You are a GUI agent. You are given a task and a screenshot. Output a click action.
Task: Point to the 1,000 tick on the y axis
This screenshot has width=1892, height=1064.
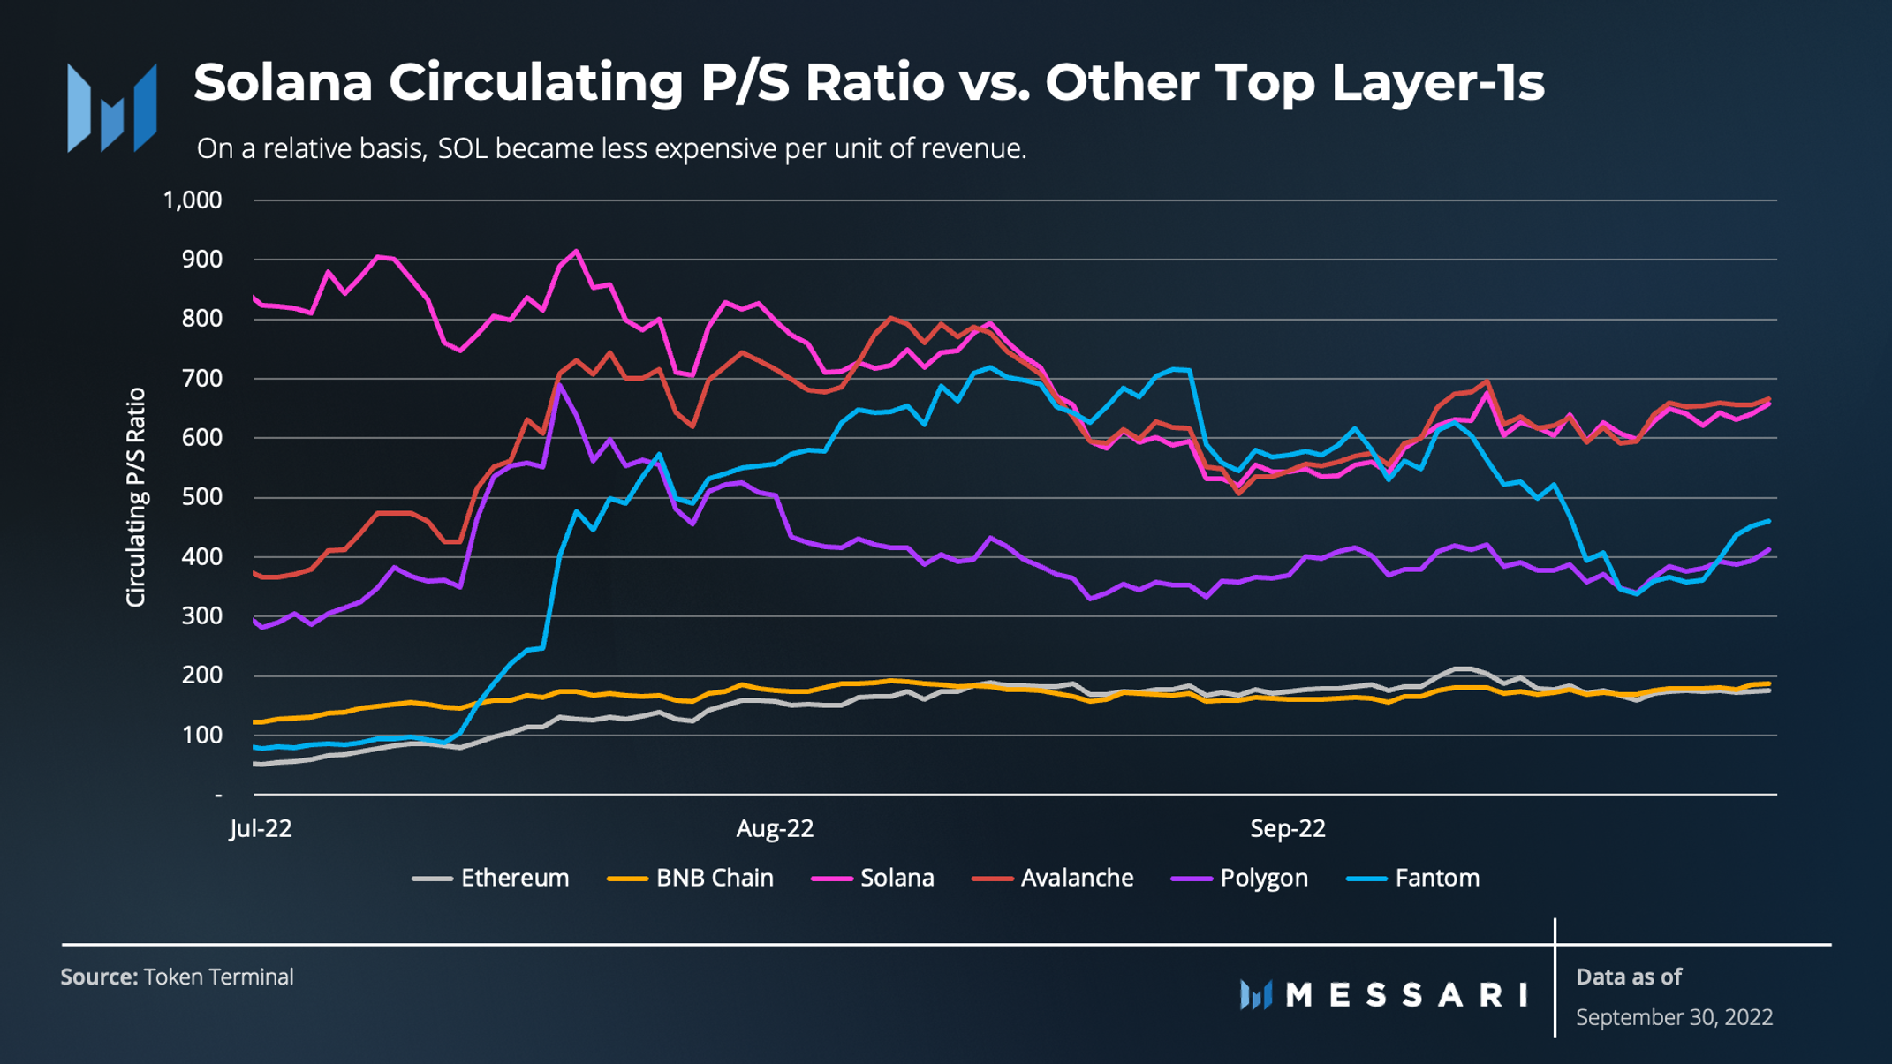click(193, 200)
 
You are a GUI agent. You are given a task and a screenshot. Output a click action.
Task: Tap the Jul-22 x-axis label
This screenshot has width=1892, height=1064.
click(261, 828)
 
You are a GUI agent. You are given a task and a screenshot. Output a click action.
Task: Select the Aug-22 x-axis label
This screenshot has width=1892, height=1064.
click(775, 828)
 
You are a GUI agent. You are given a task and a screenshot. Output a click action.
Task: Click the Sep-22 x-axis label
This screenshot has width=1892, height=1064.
click(1288, 828)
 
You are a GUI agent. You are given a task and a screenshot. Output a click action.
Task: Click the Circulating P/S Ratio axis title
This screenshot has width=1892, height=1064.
click(135, 497)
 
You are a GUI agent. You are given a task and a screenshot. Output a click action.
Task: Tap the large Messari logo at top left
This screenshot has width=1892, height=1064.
click(112, 108)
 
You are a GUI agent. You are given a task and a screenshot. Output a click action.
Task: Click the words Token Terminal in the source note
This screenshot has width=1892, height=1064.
click(218, 977)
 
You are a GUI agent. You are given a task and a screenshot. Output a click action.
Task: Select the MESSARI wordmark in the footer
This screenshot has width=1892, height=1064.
click(1406, 995)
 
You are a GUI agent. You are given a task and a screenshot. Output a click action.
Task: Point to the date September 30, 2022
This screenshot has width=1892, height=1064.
click(1674, 1017)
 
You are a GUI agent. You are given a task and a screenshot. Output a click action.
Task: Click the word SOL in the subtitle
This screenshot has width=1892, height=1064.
click(462, 148)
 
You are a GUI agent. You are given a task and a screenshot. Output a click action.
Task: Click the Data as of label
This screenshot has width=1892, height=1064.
click(1629, 977)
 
